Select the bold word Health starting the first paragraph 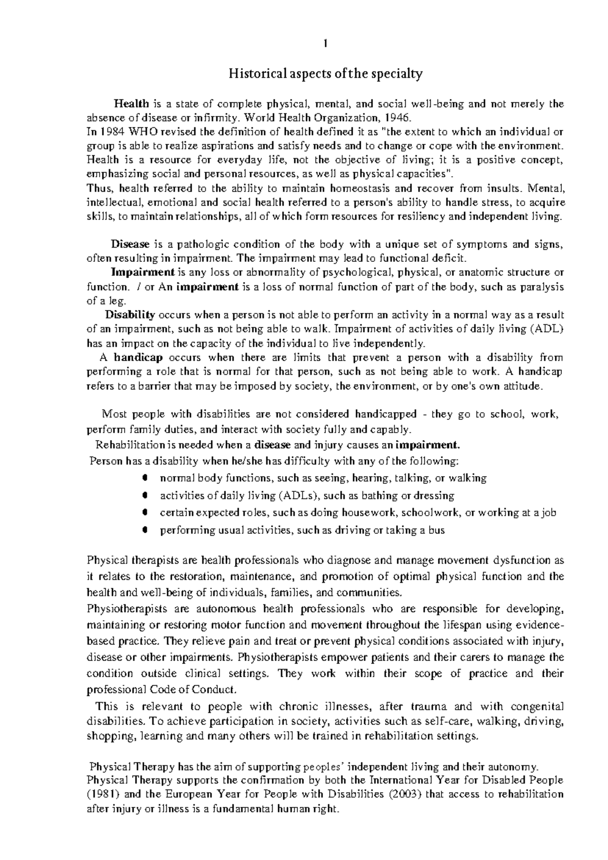(x=131, y=104)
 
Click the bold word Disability (x=130, y=315)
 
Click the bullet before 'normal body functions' (x=145, y=478)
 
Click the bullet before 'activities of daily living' (x=145, y=495)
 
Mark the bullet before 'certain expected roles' (x=145, y=512)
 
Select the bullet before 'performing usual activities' (x=145, y=530)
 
